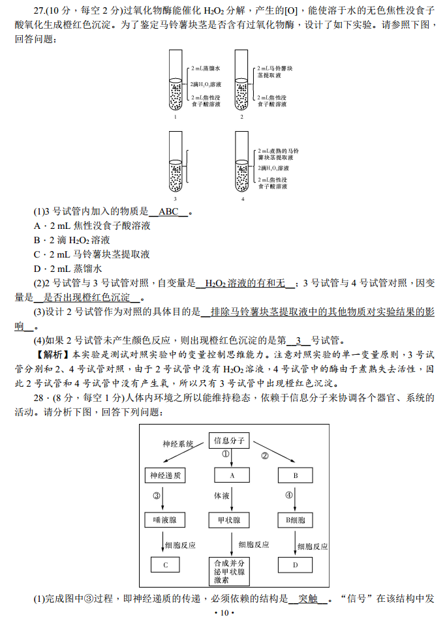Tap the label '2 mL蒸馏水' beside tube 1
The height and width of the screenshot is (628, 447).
tap(206, 68)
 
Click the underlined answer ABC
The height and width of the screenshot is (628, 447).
tap(168, 212)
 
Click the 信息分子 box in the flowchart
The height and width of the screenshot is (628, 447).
tap(228, 440)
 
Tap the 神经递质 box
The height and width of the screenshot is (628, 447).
tap(164, 476)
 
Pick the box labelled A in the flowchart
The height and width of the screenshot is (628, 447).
tap(231, 476)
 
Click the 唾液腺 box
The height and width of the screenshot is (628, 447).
tap(164, 520)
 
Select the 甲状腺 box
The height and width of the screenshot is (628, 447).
tap(228, 520)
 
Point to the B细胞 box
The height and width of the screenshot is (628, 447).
tap(295, 520)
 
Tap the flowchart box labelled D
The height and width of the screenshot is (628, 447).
tap(295, 565)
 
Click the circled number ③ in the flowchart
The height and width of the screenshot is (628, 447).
tap(157, 496)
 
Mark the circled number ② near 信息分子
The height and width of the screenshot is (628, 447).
tap(265, 455)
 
